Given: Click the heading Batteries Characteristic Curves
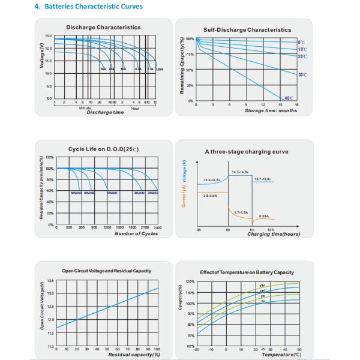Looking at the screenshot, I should (x=77, y=7).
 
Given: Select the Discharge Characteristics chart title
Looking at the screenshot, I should (x=103, y=27).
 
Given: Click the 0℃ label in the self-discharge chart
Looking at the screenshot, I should (x=301, y=42).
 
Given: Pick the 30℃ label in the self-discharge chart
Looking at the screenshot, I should (x=302, y=74).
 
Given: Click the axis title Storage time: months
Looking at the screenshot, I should (x=270, y=110).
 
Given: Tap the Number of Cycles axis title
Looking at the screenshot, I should (x=136, y=233).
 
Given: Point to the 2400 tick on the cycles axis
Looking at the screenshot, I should (x=158, y=227).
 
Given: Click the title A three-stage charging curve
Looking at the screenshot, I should (x=242, y=152).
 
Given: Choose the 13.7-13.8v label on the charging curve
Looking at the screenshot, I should (x=263, y=178).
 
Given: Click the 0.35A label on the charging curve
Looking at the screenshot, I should (x=263, y=216).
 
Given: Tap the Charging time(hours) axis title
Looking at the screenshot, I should (x=274, y=234).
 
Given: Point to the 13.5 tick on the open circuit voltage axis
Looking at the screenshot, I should (x=50, y=280).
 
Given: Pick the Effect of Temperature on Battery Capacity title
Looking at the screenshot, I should (x=247, y=272).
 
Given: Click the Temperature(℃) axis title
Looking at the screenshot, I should (x=281, y=355).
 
